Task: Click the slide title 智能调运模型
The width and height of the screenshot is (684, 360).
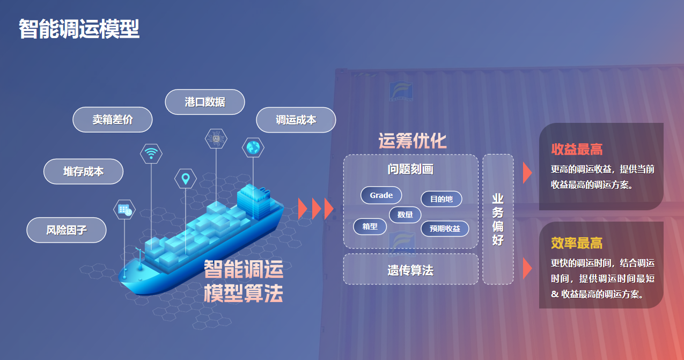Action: point(79,28)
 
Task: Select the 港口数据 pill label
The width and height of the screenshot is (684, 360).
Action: point(205,102)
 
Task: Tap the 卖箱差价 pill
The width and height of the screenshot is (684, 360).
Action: point(112,120)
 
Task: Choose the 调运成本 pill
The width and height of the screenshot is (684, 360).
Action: point(296,120)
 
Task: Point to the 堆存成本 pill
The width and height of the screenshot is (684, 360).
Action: point(83,171)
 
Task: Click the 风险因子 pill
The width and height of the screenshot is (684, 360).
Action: point(67,230)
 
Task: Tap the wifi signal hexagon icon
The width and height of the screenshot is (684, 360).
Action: point(151,153)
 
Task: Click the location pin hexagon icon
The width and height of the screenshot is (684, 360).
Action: point(186,179)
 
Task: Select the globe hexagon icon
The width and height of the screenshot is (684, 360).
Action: point(253,148)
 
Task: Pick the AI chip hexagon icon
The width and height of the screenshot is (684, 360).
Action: point(216,138)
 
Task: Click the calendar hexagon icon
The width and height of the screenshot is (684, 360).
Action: point(124,209)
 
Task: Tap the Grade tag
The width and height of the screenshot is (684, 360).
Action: point(381,195)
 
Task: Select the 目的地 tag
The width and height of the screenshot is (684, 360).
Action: point(441,199)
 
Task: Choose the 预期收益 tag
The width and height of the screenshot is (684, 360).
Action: point(445,229)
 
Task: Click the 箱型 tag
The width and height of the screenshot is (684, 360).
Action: point(370,226)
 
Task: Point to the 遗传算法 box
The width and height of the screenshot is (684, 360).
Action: point(411,269)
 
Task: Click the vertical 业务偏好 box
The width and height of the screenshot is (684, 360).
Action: point(498,219)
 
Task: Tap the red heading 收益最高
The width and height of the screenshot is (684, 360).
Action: point(577,149)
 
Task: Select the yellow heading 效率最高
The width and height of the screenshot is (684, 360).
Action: point(577,243)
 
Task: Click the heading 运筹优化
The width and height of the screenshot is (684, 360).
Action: point(413,141)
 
